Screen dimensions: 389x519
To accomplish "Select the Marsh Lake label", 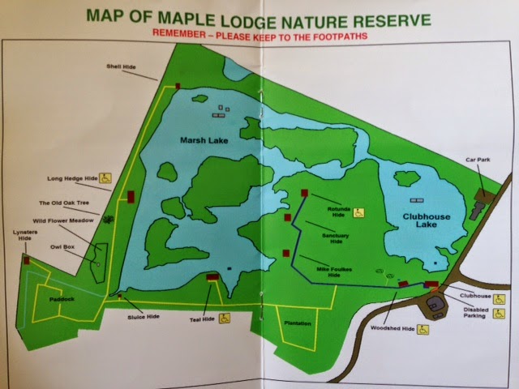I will click(x=204, y=141).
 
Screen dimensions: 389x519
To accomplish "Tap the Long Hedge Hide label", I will click(x=73, y=177).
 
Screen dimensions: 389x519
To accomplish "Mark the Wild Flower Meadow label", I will click(x=62, y=220).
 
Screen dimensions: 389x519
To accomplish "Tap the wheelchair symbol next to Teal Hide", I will click(x=228, y=319).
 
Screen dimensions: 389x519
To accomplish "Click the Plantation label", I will click(x=298, y=322).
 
